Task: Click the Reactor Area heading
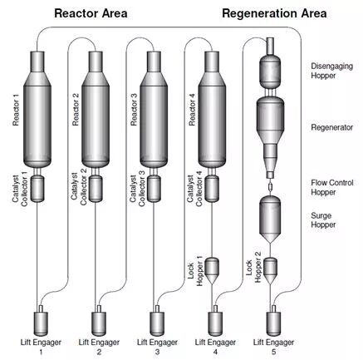click(91, 13)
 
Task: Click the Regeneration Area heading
click(274, 13)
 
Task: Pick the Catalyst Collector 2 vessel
click(96, 189)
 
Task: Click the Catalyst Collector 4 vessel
click(212, 189)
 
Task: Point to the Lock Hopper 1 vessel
click(212, 271)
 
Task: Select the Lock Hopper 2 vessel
click(270, 271)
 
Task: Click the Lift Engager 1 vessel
click(41, 323)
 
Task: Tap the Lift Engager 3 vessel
click(157, 323)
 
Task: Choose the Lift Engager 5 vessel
click(273, 323)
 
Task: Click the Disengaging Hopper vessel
click(270, 71)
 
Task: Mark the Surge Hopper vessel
click(270, 219)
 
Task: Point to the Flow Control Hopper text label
click(332, 187)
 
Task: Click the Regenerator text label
click(332, 127)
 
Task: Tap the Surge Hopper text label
click(323, 220)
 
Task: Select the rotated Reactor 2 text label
click(76, 110)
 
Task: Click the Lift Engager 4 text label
click(215, 347)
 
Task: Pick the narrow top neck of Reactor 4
click(212, 62)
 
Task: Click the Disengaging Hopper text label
click(331, 71)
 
